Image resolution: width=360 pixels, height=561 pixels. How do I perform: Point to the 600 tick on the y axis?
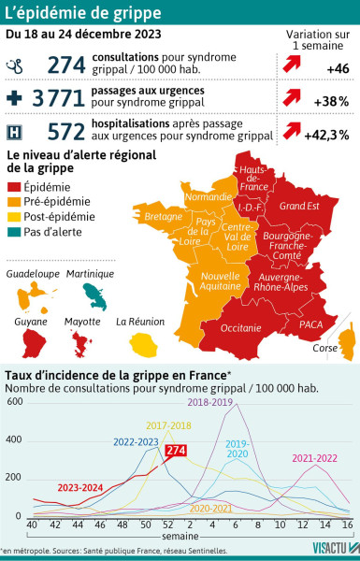[16, 403]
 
